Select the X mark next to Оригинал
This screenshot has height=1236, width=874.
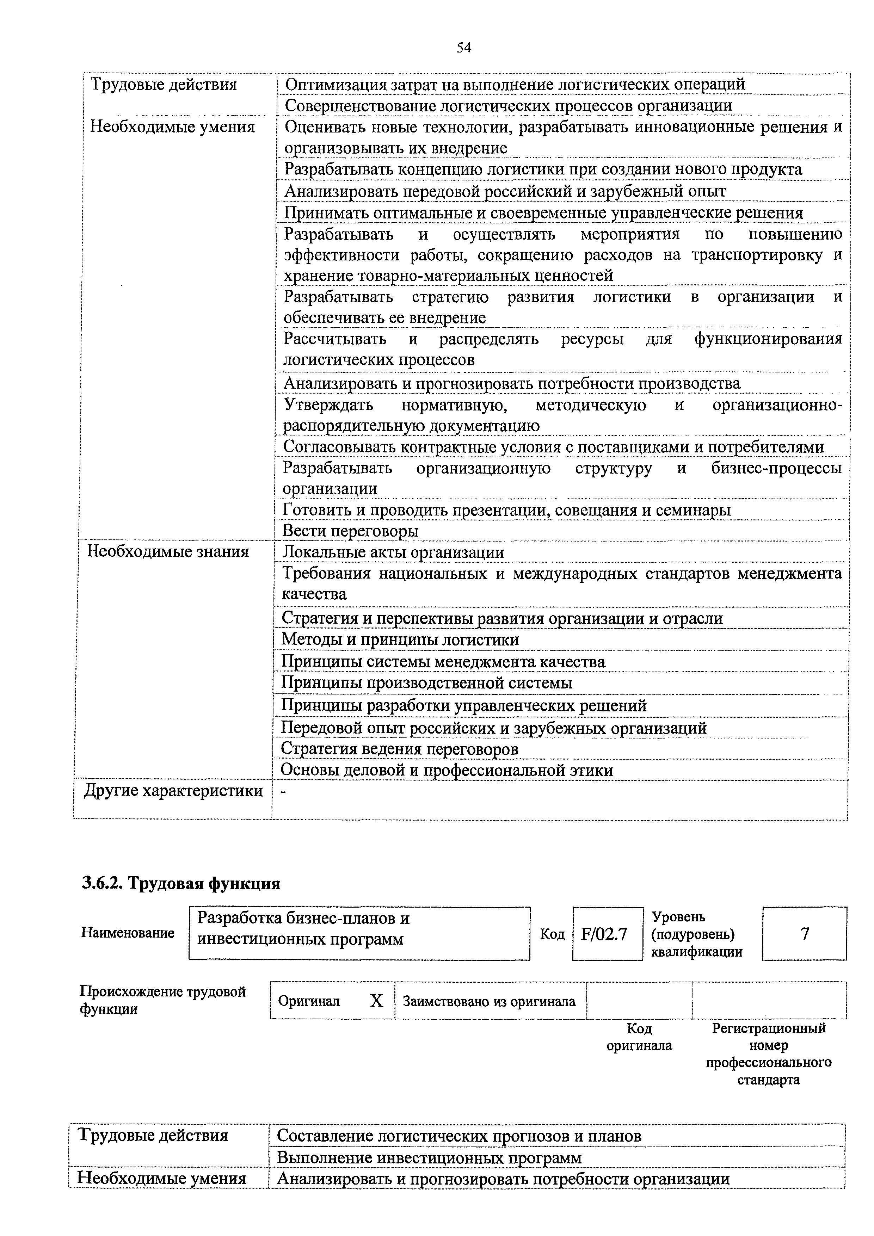click(376, 1001)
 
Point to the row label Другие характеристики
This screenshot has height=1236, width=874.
click(173, 791)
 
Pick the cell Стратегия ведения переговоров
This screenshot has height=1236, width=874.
click(400, 749)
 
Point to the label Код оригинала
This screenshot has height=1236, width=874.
click(639, 1037)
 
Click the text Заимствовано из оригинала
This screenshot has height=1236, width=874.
click(489, 1001)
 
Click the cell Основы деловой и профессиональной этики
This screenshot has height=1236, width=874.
click(447, 770)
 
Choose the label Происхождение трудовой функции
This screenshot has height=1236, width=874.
click(162, 1000)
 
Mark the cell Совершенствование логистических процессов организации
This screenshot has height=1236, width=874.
click(508, 105)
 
